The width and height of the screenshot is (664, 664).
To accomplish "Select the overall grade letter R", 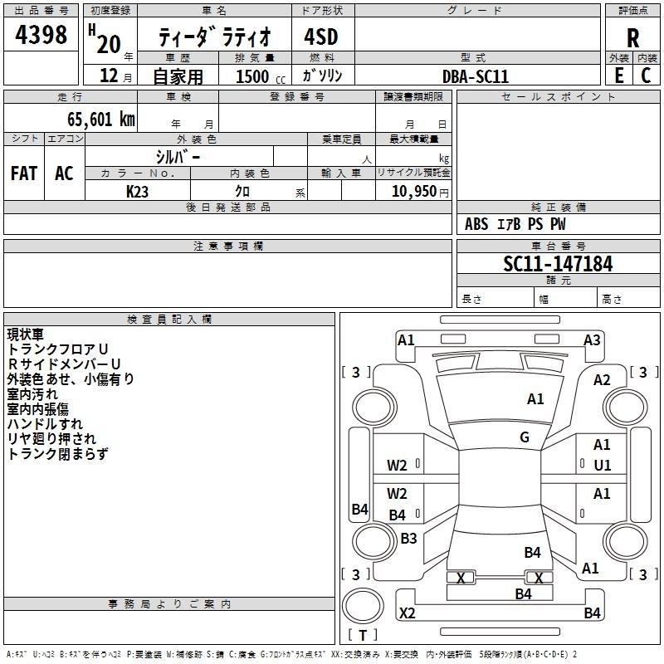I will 632,38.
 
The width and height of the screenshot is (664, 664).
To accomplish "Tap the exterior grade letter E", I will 618,76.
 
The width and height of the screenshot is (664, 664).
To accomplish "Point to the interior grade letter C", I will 646,76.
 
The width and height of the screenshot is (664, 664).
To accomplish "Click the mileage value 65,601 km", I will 95,120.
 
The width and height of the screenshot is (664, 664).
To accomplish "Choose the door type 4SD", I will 323,38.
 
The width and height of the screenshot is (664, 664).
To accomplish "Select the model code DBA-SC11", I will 476,76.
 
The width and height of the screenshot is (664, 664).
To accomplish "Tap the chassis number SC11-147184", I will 558,265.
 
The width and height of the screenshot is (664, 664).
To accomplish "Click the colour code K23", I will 138,191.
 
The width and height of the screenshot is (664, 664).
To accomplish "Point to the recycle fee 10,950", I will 413,191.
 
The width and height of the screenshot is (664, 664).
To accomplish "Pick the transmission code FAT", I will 23,173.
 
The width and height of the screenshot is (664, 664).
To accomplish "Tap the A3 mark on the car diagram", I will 592,340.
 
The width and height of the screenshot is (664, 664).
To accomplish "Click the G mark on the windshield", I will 525,437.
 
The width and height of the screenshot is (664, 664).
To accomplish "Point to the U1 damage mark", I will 602,466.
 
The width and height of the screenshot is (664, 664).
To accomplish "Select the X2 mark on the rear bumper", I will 407,613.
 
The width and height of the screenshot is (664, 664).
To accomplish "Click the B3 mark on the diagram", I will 408,539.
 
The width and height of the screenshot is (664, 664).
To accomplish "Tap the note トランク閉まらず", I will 57,454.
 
